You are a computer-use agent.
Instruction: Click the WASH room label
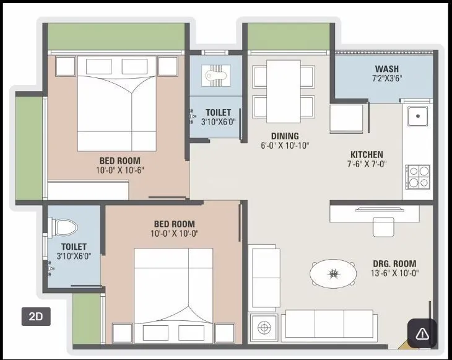click(x=386, y=69)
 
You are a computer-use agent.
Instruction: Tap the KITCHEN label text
click(x=367, y=154)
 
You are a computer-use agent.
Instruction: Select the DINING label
click(x=285, y=136)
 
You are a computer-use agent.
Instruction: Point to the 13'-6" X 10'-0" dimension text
click(x=395, y=273)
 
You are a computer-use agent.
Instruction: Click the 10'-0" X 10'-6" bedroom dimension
click(x=120, y=170)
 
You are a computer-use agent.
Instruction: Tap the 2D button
click(x=36, y=316)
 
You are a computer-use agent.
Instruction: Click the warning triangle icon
click(x=422, y=334)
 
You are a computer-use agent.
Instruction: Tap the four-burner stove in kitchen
click(x=417, y=175)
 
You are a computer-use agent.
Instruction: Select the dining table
click(x=284, y=91)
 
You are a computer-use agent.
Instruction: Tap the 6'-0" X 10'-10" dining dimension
click(x=285, y=146)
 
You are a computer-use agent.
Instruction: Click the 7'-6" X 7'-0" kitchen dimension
click(x=367, y=164)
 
